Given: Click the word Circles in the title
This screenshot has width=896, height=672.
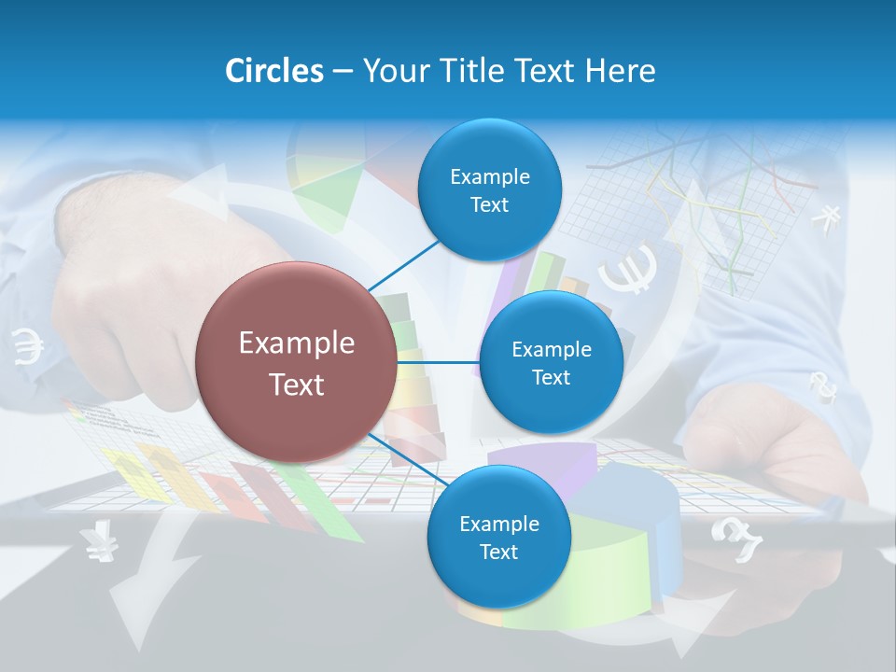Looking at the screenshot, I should click(273, 71).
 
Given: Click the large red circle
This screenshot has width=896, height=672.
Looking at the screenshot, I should click(297, 362).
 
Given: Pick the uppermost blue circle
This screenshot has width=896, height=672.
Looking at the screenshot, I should click(489, 190).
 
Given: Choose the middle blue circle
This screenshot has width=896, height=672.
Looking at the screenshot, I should click(551, 362).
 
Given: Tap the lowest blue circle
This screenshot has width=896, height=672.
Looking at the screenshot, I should click(498, 537).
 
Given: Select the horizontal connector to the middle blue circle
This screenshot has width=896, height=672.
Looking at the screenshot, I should click(439, 361).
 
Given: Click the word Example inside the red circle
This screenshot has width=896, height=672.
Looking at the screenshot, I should click(297, 343).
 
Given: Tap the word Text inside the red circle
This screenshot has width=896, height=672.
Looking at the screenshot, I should click(297, 385).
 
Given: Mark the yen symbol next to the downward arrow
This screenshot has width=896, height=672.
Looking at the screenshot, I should click(96, 544).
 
